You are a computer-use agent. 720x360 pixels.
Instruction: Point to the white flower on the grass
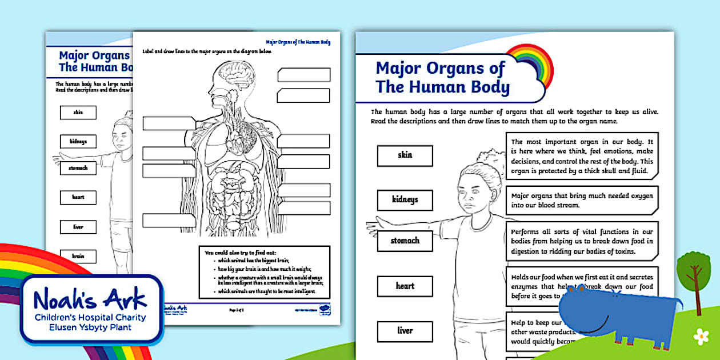(x=701, y=337)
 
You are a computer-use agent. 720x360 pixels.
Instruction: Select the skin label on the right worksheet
(x=405, y=155)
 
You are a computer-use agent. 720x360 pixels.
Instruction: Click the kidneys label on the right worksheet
(x=405, y=200)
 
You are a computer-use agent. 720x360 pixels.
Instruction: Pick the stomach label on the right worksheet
(x=405, y=241)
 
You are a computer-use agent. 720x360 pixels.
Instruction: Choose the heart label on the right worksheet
(x=405, y=286)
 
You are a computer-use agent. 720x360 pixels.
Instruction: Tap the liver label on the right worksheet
(x=405, y=331)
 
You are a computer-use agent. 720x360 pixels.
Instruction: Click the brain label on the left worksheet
(x=78, y=257)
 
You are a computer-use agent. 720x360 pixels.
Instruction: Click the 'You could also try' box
(x=264, y=272)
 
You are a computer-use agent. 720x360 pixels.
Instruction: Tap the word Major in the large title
(x=402, y=69)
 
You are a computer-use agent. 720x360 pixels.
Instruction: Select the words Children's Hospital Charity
(x=90, y=318)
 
